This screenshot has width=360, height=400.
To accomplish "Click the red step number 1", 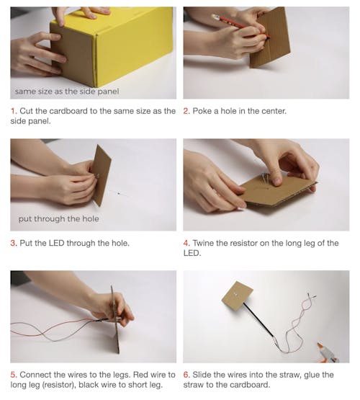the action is point(14,111).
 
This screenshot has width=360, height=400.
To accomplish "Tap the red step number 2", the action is point(186,111).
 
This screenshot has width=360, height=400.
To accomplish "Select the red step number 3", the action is point(14,243).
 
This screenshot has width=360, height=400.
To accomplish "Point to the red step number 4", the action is point(186,243).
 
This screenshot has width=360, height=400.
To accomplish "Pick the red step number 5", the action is point(14,375).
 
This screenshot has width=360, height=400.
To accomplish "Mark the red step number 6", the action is point(186,375).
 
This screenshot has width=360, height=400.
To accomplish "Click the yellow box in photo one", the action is point(112,46).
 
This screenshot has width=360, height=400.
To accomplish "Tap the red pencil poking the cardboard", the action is point(240,26).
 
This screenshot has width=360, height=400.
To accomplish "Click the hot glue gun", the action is point(328,353).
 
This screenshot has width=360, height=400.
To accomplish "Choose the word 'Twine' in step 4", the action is point(203,243).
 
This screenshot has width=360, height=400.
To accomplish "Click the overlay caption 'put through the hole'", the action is point(59,219).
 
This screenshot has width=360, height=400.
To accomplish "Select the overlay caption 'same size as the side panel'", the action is point(67,92).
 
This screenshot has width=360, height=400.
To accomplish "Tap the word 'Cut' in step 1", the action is point(26,111).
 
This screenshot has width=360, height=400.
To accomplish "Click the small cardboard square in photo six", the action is point(238,296).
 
